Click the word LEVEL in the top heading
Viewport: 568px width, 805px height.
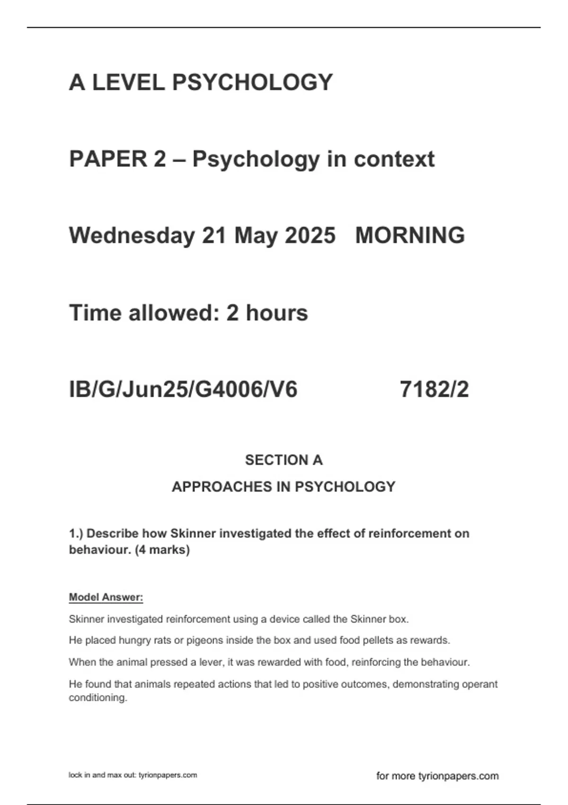click(128, 82)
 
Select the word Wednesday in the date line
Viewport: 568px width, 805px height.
click(132, 236)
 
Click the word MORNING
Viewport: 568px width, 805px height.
click(410, 236)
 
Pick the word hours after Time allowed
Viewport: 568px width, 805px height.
click(277, 313)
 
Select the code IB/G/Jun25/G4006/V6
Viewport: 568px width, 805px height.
click(183, 390)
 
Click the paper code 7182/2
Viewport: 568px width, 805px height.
click(434, 390)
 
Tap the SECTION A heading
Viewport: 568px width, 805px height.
click(284, 460)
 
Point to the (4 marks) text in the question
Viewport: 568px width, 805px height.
click(162, 550)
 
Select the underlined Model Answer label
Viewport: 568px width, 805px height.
click(106, 598)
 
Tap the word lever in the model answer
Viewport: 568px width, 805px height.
click(210, 662)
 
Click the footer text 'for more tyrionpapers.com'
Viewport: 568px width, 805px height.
click(437, 776)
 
